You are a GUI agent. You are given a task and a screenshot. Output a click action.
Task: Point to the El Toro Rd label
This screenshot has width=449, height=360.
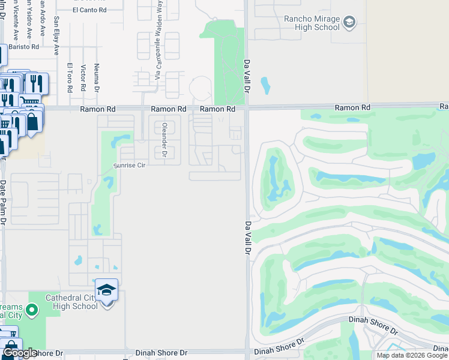coord(70,78)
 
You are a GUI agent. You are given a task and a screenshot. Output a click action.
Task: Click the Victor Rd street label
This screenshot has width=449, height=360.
coord(83,78)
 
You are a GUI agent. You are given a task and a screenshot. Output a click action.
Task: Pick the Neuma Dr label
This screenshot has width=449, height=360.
coord(97,78)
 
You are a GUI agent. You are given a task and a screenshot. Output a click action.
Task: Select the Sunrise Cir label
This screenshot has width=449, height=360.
coord(130,165)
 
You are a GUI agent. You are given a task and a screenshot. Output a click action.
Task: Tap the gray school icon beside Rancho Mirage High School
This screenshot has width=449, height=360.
coord(349,23)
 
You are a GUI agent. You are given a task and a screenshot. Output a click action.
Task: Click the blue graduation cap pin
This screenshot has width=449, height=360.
coord(107,290)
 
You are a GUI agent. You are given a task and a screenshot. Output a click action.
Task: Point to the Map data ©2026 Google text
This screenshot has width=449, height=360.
coord(412,355)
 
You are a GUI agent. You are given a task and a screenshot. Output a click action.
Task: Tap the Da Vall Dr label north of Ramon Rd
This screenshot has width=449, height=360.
coord(247,76)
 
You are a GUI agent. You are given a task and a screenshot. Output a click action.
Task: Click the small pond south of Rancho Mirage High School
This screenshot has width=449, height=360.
coord(265,86)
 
